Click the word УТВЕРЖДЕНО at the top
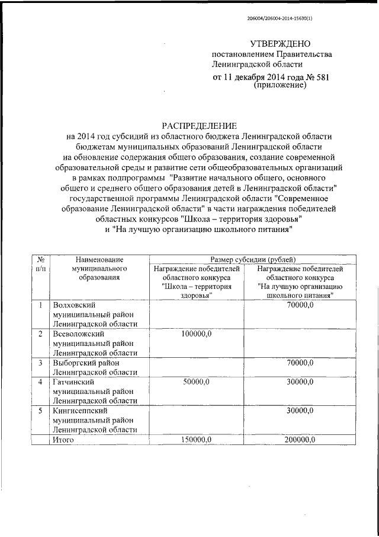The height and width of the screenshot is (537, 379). (280, 44)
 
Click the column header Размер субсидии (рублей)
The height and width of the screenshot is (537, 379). (253, 259)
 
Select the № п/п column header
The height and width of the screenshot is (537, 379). (40, 264)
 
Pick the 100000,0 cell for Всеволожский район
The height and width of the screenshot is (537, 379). (195, 334)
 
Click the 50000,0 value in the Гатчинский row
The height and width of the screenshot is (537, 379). (195, 382)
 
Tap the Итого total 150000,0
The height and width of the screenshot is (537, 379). (195, 440)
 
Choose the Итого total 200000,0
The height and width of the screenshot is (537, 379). (300, 440)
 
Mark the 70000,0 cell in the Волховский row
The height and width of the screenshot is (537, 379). (300, 305)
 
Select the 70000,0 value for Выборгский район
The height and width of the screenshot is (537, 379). (300, 363)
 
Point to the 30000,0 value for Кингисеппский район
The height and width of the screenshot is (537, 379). (300, 411)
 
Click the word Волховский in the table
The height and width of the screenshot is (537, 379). (75, 305)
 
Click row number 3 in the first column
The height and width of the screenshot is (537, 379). (40, 363)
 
